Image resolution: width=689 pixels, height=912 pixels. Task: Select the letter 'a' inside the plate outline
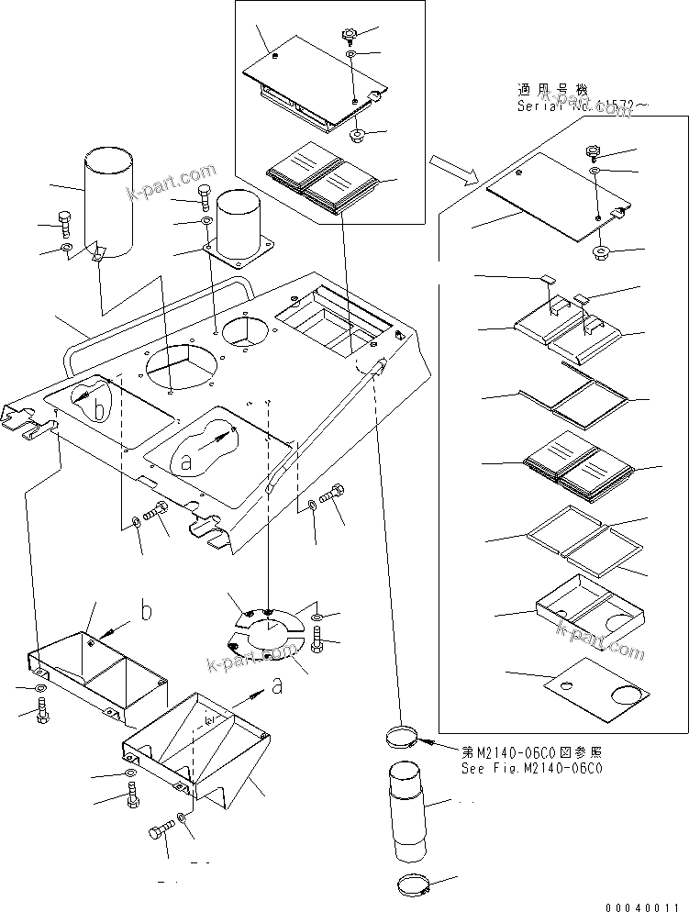point(186,463)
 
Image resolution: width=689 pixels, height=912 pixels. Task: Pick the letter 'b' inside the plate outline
point(100,410)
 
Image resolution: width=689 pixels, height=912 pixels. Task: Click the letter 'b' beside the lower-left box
point(146,609)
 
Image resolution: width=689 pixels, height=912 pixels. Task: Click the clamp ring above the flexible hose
point(403,734)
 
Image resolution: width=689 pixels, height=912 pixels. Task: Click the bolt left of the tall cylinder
point(66,221)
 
